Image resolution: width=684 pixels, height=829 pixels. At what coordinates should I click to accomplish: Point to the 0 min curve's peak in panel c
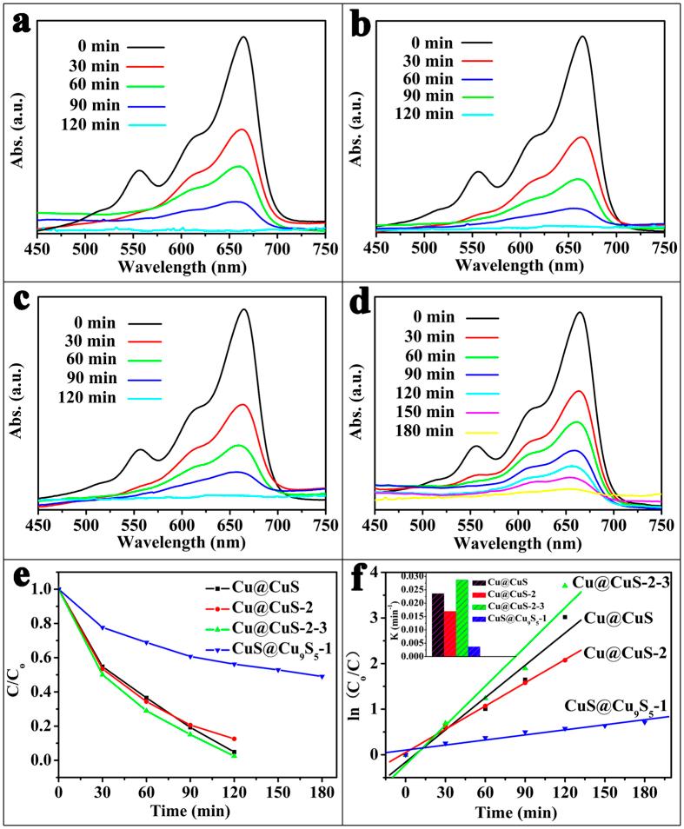(x=243, y=310)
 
